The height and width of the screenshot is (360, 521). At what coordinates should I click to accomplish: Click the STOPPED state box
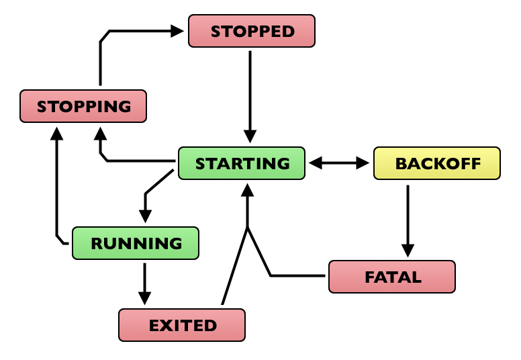[x=252, y=31]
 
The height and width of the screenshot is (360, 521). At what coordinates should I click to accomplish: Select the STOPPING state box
[x=83, y=106]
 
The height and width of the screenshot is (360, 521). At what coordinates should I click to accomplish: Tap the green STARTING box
[x=242, y=163]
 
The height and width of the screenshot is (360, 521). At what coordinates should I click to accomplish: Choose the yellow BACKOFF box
[x=437, y=164]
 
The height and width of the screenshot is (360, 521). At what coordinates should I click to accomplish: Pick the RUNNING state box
[x=136, y=243]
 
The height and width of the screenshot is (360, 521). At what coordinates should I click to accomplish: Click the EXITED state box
[x=182, y=325]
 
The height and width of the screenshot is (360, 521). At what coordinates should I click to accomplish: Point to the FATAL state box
[x=392, y=277]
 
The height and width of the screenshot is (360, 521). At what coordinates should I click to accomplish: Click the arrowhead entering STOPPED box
[x=177, y=30]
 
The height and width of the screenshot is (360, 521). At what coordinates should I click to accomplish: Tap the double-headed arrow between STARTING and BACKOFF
[x=340, y=163]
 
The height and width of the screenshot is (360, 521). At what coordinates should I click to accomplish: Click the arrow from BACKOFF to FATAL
[x=407, y=215]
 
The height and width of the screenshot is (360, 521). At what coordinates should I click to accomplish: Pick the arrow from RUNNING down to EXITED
[x=144, y=279]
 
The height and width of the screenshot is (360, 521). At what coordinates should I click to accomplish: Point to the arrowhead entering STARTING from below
[x=248, y=191]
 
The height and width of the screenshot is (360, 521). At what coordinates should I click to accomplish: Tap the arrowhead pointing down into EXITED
[x=144, y=298]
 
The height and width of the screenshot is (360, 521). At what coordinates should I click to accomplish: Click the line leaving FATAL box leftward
[x=299, y=275]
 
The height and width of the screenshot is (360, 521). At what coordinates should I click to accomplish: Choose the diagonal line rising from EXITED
[x=235, y=265]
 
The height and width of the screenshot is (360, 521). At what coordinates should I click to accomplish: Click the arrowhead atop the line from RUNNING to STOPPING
[x=57, y=132]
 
